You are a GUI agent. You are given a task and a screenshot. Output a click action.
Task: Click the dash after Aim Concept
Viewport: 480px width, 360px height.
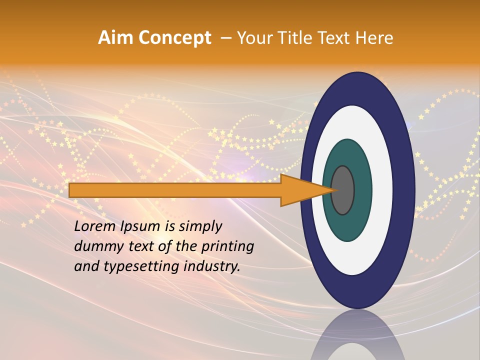point(225,38)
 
